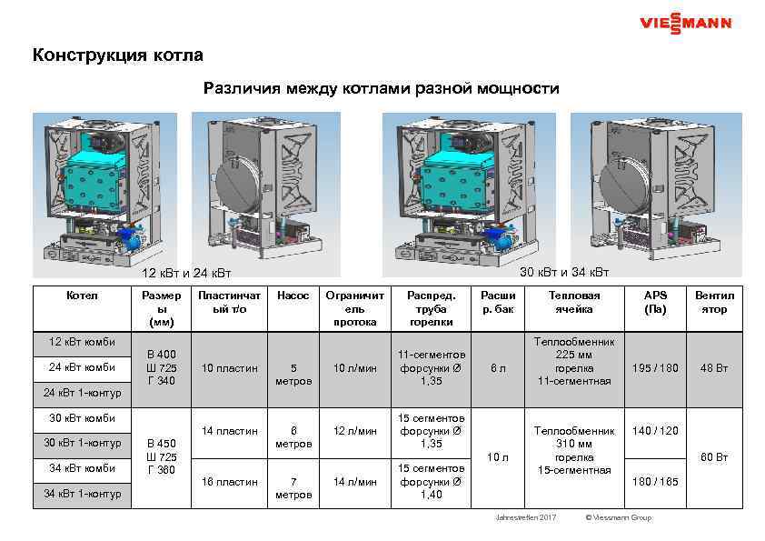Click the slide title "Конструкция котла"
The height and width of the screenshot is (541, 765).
(118, 55)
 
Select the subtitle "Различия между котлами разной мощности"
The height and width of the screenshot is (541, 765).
(382, 89)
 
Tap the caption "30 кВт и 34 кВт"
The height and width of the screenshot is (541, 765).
(564, 273)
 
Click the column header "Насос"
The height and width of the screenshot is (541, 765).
(293, 296)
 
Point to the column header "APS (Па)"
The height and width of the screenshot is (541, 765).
(655, 302)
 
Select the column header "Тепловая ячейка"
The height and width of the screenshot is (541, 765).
(574, 302)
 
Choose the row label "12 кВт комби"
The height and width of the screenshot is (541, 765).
(81, 342)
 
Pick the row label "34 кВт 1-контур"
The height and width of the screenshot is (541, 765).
(81, 494)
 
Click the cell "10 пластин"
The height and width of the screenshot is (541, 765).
(230, 367)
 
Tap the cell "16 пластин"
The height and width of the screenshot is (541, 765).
(230, 482)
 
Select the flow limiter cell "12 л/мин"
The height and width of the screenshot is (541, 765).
(354, 431)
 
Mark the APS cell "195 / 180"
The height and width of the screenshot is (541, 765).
(655, 367)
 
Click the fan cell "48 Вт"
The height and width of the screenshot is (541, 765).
(714, 367)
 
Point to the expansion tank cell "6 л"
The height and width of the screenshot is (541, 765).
(498, 367)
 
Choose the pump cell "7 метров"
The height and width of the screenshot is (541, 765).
(293, 488)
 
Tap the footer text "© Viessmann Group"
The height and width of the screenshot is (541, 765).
(619, 517)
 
